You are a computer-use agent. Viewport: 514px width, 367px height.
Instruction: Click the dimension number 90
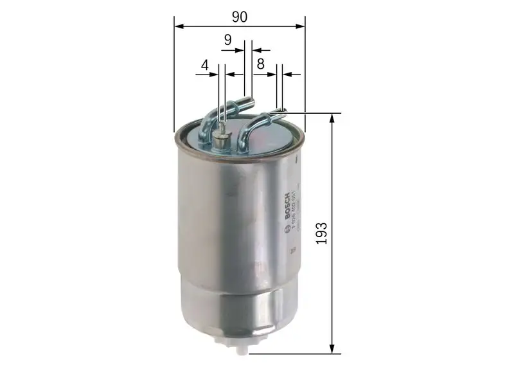(240, 17)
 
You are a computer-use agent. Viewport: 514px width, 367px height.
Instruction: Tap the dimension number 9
(228, 40)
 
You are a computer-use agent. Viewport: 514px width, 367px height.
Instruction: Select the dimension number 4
(205, 65)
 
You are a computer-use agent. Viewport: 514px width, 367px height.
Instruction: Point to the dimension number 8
(260, 64)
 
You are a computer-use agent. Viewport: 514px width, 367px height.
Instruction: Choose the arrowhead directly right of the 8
(272, 74)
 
